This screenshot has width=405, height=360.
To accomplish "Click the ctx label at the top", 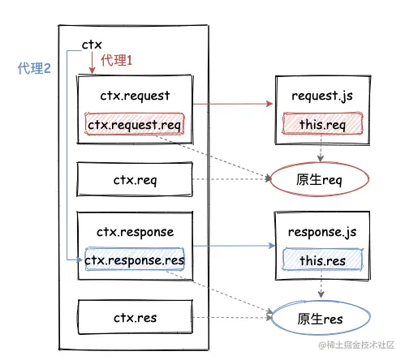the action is (92, 45).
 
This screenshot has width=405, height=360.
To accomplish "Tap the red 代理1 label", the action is (117, 60).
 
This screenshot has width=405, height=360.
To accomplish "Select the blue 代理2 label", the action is (34, 68).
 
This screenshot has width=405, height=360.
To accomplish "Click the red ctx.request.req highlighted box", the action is (135, 124).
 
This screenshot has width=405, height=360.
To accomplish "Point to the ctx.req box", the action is (135, 179).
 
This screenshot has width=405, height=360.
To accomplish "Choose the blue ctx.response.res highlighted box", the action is (135, 259).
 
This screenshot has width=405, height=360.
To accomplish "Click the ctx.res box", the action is (136, 317).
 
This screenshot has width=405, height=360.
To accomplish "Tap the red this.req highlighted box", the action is (322, 123).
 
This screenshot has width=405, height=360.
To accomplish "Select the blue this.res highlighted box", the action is (322, 259).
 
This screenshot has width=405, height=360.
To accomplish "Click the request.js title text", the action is (322, 96).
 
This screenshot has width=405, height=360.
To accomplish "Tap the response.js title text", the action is (322, 232).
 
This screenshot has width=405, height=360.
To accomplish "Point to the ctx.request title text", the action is (135, 96).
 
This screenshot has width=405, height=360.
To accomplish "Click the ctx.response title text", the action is (136, 232).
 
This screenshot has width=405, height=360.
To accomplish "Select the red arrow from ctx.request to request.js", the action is (233, 104).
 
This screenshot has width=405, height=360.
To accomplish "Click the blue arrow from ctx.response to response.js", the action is (234, 246).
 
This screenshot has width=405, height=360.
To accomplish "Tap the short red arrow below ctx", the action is (92, 62).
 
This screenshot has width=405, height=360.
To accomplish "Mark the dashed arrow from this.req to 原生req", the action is (321, 148).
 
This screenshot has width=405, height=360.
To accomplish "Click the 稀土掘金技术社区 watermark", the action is (356, 345).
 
